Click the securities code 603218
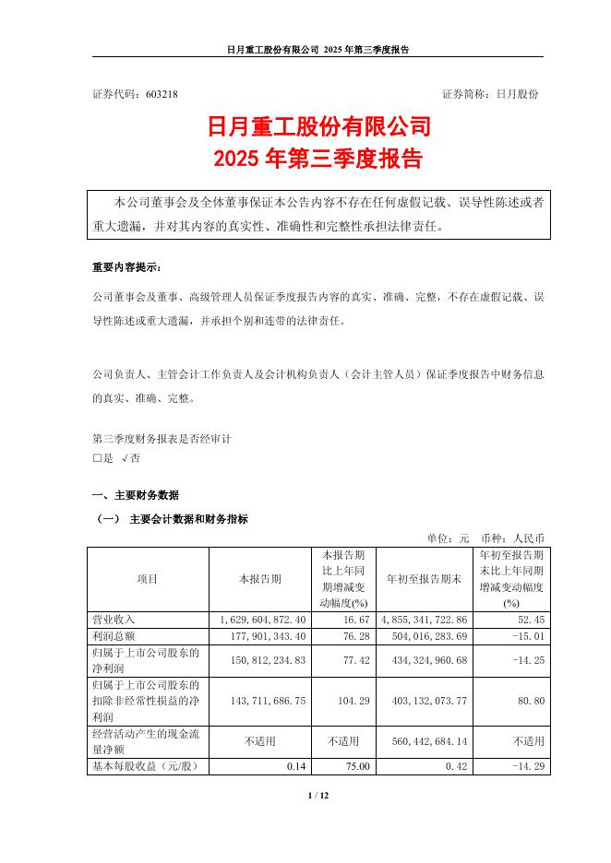[x=160, y=94]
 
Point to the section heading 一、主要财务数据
[x=136, y=495]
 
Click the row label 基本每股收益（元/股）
[x=148, y=765]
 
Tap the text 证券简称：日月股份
[x=490, y=94]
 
